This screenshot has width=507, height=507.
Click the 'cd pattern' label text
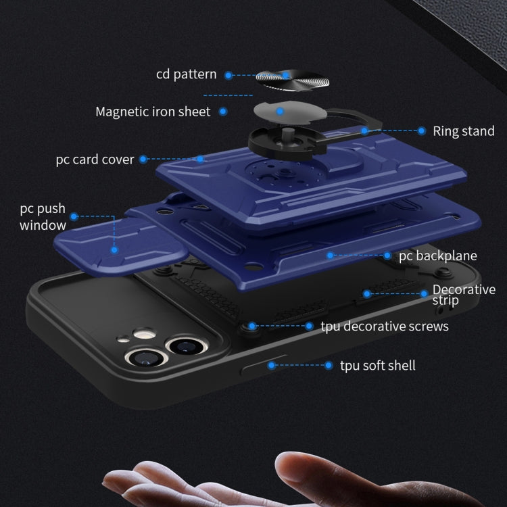[x=186, y=74]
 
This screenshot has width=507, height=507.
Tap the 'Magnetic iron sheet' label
[x=153, y=112]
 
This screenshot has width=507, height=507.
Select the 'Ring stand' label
[x=464, y=131]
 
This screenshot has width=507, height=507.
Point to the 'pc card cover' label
[x=95, y=160]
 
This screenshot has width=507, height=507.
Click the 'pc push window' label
[x=43, y=217]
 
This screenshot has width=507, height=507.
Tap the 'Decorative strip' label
[x=464, y=295]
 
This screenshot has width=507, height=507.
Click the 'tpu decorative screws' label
[x=385, y=327]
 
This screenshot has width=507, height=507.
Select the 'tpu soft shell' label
[x=378, y=366]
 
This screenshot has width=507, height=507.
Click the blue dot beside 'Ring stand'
[x=421, y=131]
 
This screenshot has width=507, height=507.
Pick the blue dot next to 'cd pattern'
[x=228, y=75]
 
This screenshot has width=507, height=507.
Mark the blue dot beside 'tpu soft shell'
[x=329, y=366]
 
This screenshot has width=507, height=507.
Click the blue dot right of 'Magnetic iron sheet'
[x=222, y=112]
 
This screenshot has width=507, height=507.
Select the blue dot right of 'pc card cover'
[x=143, y=160]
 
